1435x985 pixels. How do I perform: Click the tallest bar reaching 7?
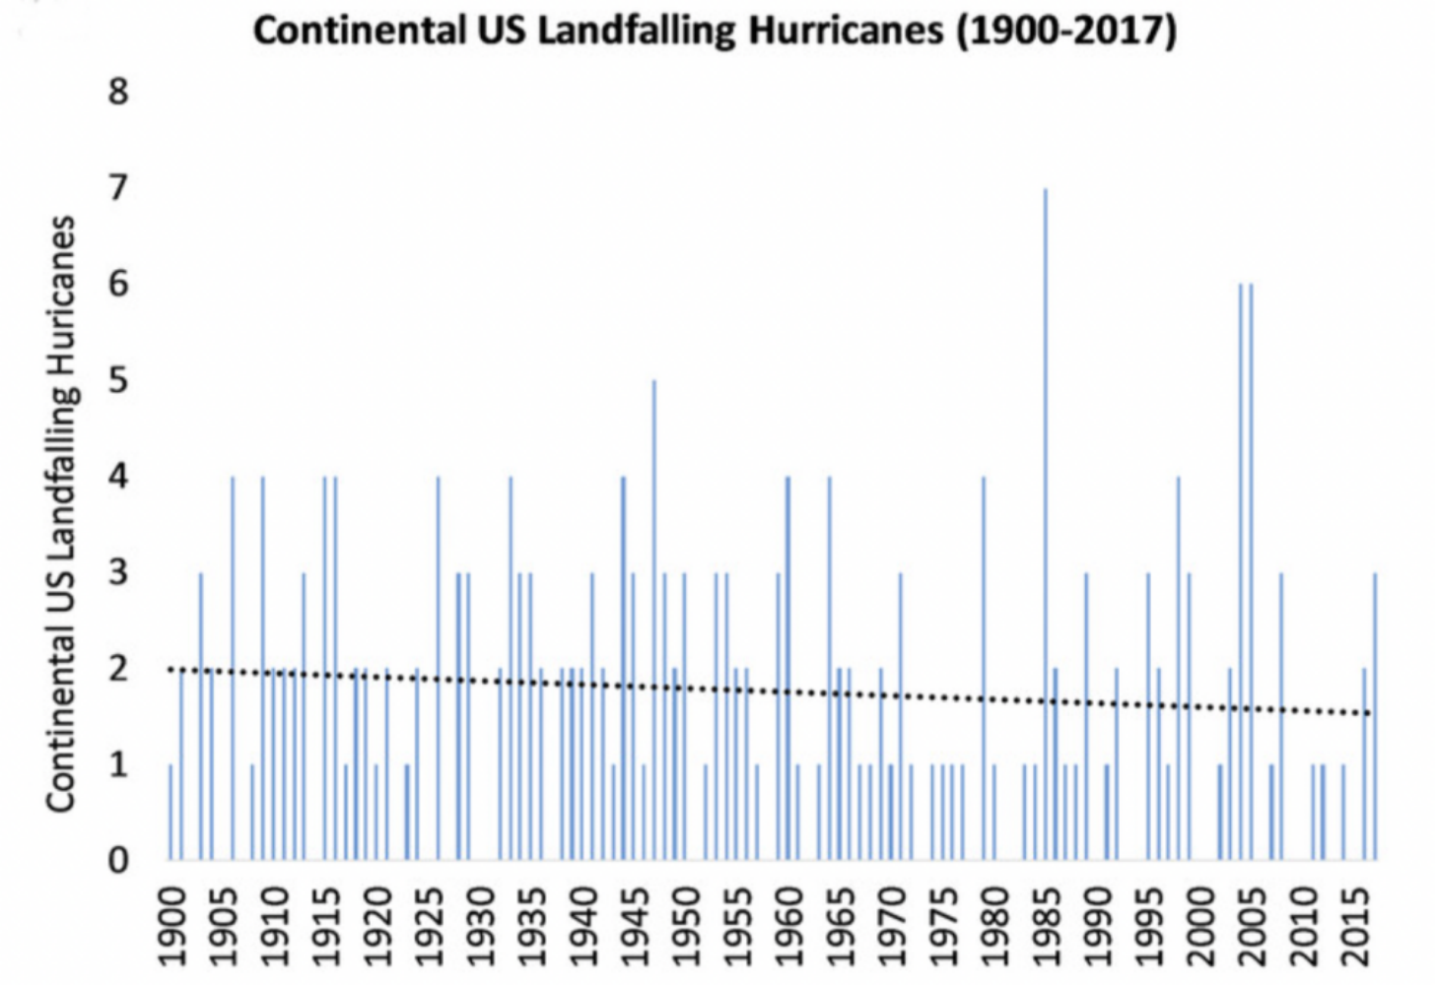(x=1045, y=522)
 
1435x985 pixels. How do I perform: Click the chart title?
(x=716, y=31)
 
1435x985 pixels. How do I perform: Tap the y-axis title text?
(x=61, y=512)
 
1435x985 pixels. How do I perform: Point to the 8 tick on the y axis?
(x=118, y=92)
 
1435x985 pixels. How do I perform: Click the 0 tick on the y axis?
(x=118, y=860)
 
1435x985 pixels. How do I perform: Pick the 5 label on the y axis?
(x=118, y=380)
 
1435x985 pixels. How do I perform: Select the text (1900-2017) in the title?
(x=1066, y=31)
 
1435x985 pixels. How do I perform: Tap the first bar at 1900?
(x=171, y=812)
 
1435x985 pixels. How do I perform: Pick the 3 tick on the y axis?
(x=118, y=572)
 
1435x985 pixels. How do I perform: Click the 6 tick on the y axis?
(x=118, y=284)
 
